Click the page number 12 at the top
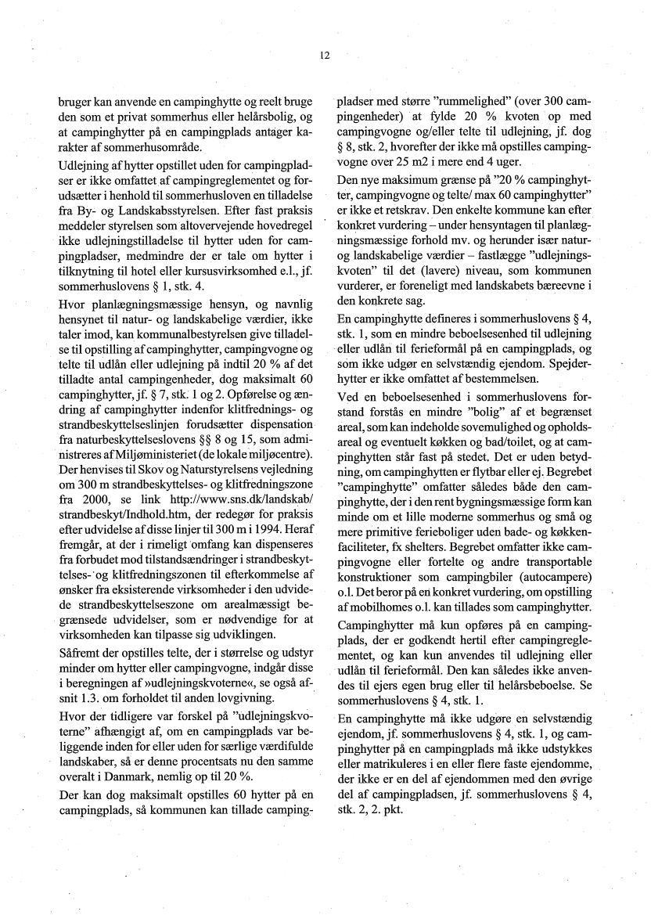click(325, 56)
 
